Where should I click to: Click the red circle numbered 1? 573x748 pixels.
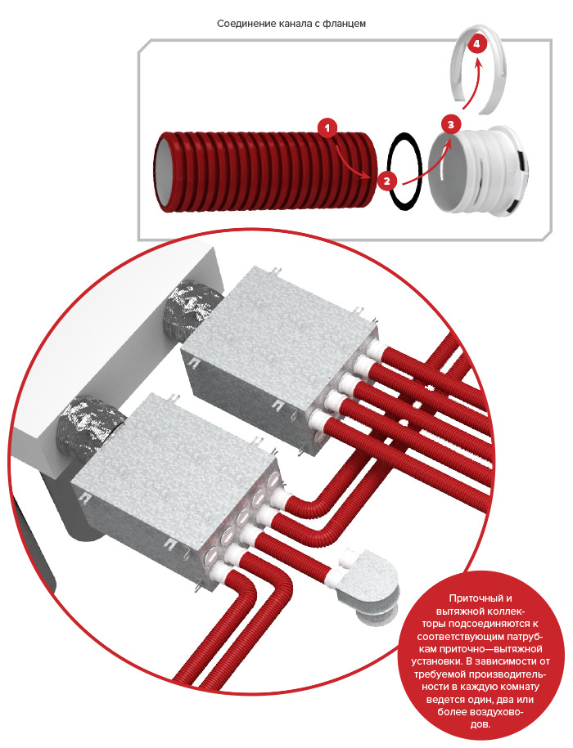pos(327,128)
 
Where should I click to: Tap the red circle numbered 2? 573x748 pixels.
pos(386,181)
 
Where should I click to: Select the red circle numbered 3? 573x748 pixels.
pos(451,125)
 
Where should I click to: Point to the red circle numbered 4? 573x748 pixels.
pos(477,44)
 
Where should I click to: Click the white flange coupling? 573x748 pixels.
pos(477,171)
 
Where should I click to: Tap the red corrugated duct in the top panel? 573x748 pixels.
pos(265,171)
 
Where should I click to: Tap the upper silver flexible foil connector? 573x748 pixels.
pos(192,307)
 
